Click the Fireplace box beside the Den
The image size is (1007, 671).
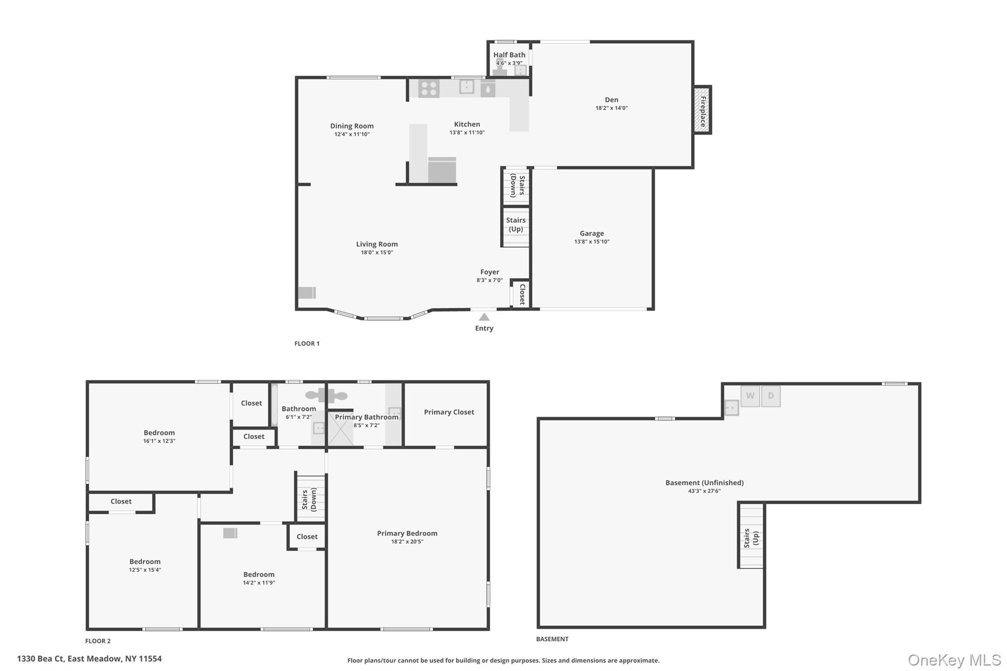pyautogui.click(x=703, y=110)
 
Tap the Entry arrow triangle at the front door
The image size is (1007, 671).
pyautogui.click(x=484, y=317)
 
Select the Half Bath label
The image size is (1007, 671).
pyautogui.click(x=509, y=55)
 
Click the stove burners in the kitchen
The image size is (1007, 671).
pyautogui.click(x=429, y=88)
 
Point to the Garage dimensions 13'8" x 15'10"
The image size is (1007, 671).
pyautogui.click(x=592, y=242)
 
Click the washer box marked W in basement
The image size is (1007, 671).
pyautogui.click(x=750, y=396)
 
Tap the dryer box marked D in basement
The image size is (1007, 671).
pyautogui.click(x=770, y=396)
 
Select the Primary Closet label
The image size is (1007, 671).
pyautogui.click(x=449, y=412)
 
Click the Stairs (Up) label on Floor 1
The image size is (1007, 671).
pyautogui.click(x=516, y=225)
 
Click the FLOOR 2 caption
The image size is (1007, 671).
pyautogui.click(x=98, y=641)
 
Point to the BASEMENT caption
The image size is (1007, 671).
pyautogui.click(x=552, y=639)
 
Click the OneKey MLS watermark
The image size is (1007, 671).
pyautogui.click(x=954, y=660)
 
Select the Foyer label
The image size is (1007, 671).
pyautogui.click(x=490, y=272)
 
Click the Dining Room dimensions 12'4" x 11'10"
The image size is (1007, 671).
pyautogui.click(x=352, y=134)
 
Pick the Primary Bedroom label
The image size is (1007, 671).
pyautogui.click(x=407, y=533)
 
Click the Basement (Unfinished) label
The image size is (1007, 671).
pyautogui.click(x=704, y=483)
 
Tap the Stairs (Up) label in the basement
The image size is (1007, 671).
pyautogui.click(x=751, y=539)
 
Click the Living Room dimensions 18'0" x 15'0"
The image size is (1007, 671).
pyautogui.click(x=377, y=253)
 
